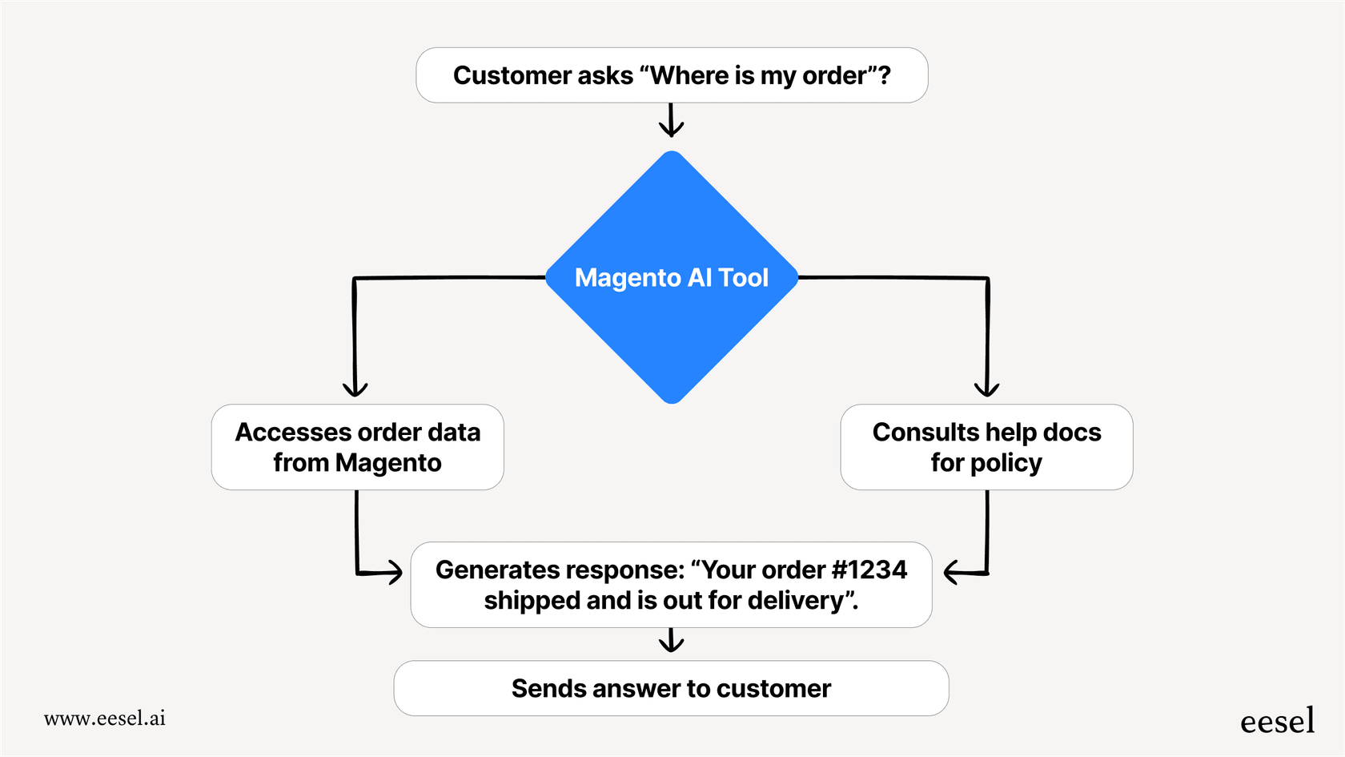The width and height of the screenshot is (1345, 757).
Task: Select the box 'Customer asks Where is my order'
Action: coord(672,75)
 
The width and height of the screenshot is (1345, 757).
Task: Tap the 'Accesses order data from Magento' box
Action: coord(357,447)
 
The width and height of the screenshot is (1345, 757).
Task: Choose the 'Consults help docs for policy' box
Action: coord(986,447)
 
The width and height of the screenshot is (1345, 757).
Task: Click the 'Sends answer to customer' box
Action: coord(671,688)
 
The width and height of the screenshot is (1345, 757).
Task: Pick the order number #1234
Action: coord(869,570)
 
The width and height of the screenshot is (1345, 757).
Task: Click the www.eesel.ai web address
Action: coord(105,718)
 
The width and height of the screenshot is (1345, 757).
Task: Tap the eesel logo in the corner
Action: coord(1277,721)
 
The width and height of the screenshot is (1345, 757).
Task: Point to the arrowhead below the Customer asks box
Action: coord(672,129)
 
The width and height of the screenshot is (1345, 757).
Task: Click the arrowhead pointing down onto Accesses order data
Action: coord(355,389)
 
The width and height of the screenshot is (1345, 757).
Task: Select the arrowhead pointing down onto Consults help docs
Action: coord(986,389)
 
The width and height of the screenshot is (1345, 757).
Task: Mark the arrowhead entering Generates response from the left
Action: coord(395,572)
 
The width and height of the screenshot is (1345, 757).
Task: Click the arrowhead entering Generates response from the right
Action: coord(951,572)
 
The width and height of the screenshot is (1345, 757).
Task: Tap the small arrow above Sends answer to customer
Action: coord(671,644)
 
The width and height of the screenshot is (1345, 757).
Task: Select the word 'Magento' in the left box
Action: coord(388,463)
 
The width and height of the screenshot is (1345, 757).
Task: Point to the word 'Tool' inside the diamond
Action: coord(743,277)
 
